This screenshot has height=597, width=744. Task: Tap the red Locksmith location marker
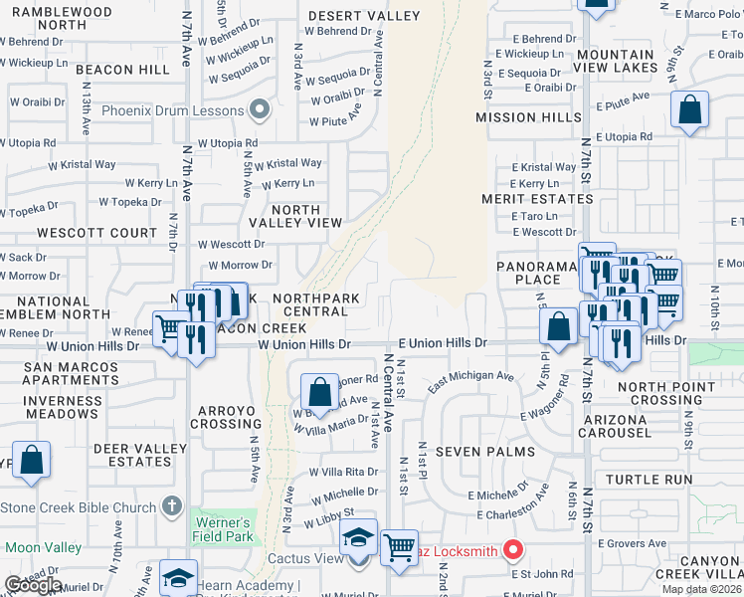pos(513,549)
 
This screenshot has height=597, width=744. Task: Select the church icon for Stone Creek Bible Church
pos(173,506)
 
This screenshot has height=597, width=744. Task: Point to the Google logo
pos(33,585)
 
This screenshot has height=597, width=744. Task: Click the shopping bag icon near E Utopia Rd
pos(689,111)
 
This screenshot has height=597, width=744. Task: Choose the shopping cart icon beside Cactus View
pos(399,547)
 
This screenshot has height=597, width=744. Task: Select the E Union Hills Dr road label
pos(443,343)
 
